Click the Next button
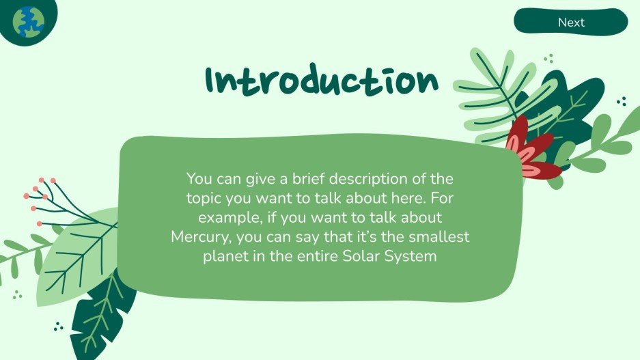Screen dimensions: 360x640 click(x=570, y=22)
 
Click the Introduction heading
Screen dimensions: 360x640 click(x=322, y=81)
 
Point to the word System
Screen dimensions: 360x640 click(x=412, y=258)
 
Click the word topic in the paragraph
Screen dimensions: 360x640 click(x=204, y=198)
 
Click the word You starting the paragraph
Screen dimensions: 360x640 click(x=198, y=179)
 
